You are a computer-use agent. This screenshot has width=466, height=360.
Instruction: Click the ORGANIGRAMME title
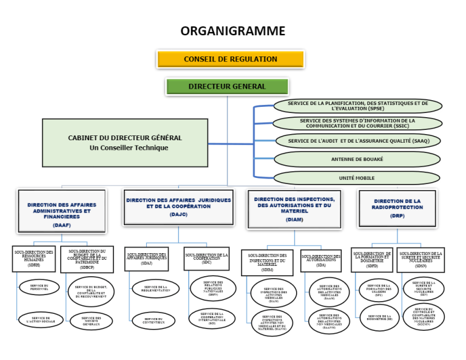pyautogui.click(x=232, y=31)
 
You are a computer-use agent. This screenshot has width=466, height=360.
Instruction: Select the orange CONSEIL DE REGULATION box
pyautogui.click(x=231, y=59)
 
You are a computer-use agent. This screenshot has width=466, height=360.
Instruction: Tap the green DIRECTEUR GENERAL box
pyautogui.click(x=227, y=87)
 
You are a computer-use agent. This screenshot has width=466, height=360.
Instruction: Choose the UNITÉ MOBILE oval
pyautogui.click(x=356, y=178)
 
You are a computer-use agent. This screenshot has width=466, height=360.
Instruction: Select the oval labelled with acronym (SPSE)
pyautogui.click(x=357, y=106)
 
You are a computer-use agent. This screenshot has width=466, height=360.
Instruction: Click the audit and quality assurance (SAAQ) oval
pyautogui.click(x=357, y=141)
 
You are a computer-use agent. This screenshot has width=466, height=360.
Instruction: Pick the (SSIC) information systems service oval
pyautogui.click(x=357, y=123)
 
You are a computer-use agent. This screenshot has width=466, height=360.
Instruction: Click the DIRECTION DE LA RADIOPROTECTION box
pyautogui.click(x=397, y=208)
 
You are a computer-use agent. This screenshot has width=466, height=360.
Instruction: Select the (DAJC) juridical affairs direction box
pyautogui.click(x=178, y=206)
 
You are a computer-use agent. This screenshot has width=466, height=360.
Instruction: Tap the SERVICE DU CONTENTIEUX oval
pyautogui.click(x=153, y=321)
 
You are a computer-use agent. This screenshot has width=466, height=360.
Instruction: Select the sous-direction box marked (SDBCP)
pyautogui.click(x=87, y=259)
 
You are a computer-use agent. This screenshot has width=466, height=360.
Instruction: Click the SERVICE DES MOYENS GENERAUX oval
pyautogui.click(x=91, y=320)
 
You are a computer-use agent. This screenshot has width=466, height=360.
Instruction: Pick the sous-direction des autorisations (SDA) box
pyautogui.click(x=321, y=261)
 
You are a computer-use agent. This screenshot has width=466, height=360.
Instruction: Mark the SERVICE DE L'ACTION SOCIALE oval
pyautogui.click(x=41, y=319)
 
